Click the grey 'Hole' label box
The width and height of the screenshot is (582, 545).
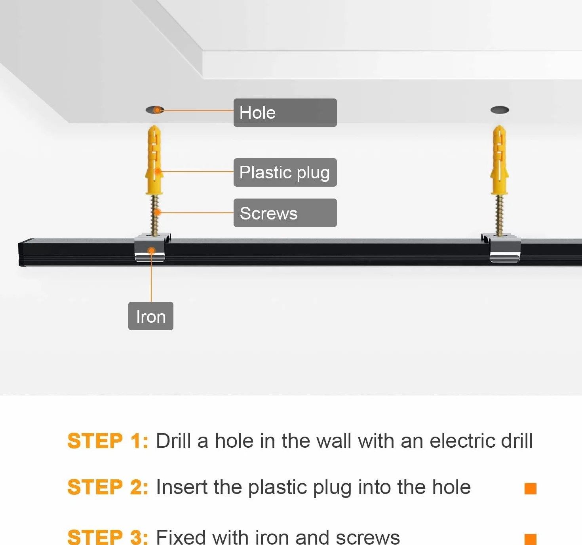pyautogui.click(x=285, y=113)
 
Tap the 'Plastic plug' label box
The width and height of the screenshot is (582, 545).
pyautogui.click(x=285, y=172)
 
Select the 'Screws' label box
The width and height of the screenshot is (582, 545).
pyautogui.click(x=285, y=213)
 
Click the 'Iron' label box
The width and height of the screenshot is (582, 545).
pyautogui.click(x=150, y=316)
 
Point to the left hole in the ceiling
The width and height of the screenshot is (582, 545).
pyautogui.click(x=155, y=110)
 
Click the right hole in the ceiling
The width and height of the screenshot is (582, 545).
pyautogui.click(x=500, y=110)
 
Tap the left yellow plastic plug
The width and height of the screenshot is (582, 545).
pyautogui.click(x=154, y=160)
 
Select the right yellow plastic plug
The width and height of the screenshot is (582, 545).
pyautogui.click(x=499, y=160)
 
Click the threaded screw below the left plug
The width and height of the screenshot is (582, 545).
pyautogui.click(x=154, y=215)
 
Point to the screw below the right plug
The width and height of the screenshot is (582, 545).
pyautogui.click(x=499, y=215)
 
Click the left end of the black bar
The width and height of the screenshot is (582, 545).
pyautogui.click(x=20, y=254)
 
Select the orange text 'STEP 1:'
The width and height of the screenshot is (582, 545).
pyautogui.click(x=108, y=441)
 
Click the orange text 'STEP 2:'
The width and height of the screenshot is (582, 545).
pyautogui.click(x=108, y=487)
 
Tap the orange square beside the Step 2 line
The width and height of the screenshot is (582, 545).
pyautogui.click(x=531, y=488)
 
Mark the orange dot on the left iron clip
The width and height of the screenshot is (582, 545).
pyautogui.click(x=151, y=250)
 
